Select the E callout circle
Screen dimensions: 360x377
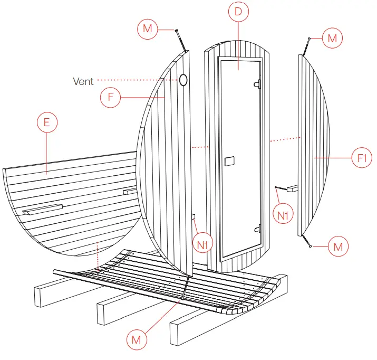pos(46,122)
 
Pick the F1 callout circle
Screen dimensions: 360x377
pos(362,157)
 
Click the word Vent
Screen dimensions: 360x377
pos(83,81)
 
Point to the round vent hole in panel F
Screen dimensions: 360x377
pos(183,80)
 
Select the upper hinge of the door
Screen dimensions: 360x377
pos(257,83)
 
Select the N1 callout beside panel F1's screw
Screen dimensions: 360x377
pos(283,214)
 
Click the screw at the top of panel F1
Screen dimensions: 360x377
pos(306,46)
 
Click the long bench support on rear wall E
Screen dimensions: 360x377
pos(43,209)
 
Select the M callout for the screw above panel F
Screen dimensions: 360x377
pos(147,29)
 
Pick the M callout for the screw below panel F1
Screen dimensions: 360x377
pos(338,247)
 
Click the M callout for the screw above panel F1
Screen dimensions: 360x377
pos(332,38)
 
